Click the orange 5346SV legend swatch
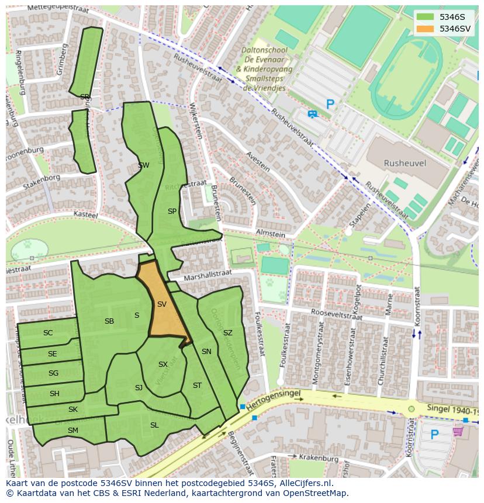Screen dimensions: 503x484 point(426,29)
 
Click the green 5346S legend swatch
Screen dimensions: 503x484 point(426,17)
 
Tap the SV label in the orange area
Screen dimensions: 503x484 point(162,304)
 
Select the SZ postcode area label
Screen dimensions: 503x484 point(228,333)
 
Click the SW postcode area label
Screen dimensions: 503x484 point(143,165)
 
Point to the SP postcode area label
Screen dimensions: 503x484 point(172,211)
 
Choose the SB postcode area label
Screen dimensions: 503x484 point(109,321)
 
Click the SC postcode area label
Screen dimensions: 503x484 point(48,333)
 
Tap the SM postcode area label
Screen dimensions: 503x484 point(72,431)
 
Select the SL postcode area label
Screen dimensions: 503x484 point(154,425)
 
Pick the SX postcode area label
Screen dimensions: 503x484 point(163,365)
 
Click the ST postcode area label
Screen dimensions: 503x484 point(197,386)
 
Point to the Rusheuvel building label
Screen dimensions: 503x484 point(405,164)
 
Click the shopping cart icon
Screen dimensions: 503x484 point(458,432)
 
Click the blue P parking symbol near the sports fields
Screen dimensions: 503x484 point(330,105)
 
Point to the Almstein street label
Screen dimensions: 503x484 point(270,234)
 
